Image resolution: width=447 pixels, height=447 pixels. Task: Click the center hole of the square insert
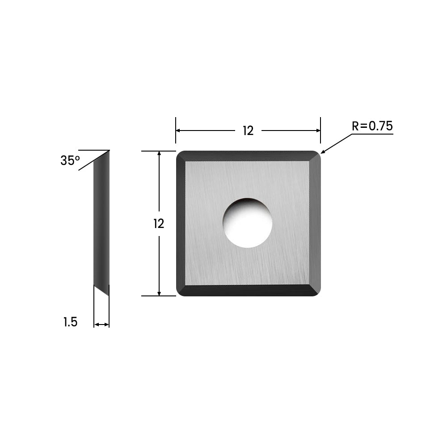pyautogui.click(x=248, y=223)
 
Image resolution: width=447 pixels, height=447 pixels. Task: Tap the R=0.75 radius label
pyautogui.click(x=372, y=127)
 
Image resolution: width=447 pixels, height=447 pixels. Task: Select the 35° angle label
pyautogui.click(x=70, y=161)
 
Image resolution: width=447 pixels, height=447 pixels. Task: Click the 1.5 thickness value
pyautogui.click(x=70, y=322)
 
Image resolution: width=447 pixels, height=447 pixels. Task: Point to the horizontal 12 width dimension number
pyautogui.click(x=248, y=131)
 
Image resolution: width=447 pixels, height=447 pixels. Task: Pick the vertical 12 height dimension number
pyautogui.click(x=159, y=223)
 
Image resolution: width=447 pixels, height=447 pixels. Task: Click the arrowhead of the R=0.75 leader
pyautogui.click(x=323, y=152)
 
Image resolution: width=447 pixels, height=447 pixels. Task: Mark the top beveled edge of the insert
pyautogui.click(x=248, y=156)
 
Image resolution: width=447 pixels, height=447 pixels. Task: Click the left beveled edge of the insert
pyautogui.click(x=181, y=223)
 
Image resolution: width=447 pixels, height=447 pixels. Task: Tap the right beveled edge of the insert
pyautogui.click(x=316, y=223)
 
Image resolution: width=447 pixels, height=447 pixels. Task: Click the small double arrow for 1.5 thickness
pyautogui.click(x=101, y=325)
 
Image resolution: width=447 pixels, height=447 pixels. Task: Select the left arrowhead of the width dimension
pyautogui.click(x=178, y=131)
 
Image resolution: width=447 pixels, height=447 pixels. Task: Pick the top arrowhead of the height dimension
pyautogui.click(x=159, y=153)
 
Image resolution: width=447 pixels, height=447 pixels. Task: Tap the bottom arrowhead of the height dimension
pyautogui.click(x=159, y=293)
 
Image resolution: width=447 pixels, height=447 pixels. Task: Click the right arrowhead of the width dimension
pyautogui.click(x=318, y=131)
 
